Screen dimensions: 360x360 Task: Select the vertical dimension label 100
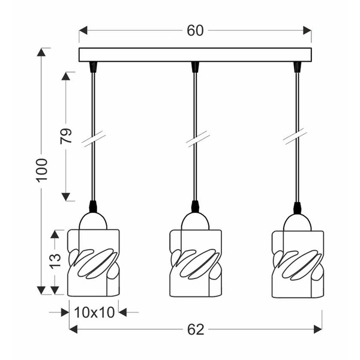tap(41, 171)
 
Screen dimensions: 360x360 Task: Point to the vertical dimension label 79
tap(67, 136)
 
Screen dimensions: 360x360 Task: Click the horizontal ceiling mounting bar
tap(196, 55)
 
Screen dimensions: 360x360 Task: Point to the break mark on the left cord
tap(94, 139)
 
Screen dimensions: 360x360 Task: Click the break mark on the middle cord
tap(196, 139)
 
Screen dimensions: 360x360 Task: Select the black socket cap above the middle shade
tap(196, 207)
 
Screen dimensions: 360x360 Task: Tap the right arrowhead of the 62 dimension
tap(317, 329)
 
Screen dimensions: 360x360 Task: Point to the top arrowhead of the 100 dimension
tap(41, 52)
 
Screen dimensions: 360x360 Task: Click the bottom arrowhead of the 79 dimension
tap(67, 197)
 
